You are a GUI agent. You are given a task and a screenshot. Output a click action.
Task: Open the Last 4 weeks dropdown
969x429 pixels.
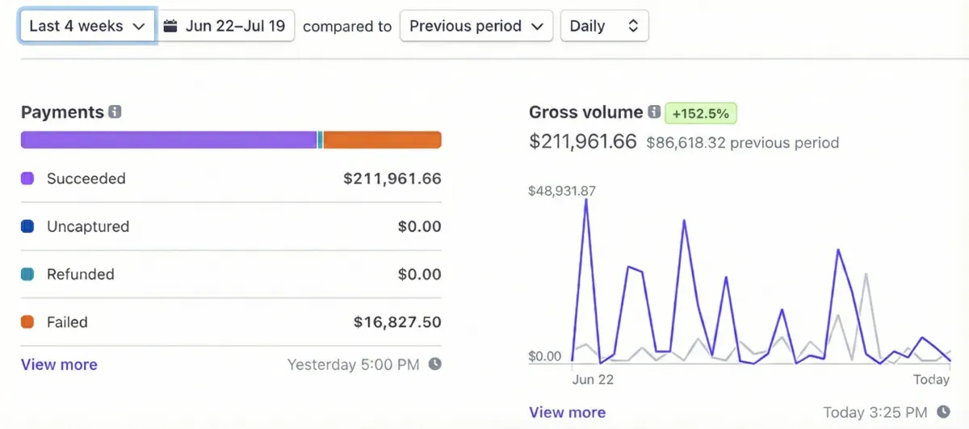tap(87, 26)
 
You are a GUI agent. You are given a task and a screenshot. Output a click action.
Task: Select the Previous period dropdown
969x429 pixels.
tap(476, 26)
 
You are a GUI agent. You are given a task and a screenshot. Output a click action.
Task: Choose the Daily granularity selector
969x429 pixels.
tap(604, 26)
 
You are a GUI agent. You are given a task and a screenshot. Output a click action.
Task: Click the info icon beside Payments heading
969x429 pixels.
tap(115, 112)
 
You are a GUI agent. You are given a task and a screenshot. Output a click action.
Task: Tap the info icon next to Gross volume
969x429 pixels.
tap(654, 112)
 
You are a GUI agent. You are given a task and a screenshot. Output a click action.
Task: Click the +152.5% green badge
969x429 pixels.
tap(701, 113)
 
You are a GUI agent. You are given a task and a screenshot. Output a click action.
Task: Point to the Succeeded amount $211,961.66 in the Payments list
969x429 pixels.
tap(392, 179)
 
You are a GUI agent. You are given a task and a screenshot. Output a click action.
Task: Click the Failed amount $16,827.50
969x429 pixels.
tap(397, 322)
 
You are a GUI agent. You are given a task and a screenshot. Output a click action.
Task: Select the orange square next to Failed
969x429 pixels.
tap(27, 322)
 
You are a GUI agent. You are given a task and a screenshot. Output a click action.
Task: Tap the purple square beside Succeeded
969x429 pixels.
tap(27, 179)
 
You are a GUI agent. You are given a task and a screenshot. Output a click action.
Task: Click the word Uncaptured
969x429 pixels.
tap(87, 226)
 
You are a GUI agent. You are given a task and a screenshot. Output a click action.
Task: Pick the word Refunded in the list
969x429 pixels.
tap(80, 274)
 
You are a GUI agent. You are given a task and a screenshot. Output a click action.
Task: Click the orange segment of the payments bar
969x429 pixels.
tap(382, 140)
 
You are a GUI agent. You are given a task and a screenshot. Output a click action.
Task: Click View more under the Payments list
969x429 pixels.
tap(59, 364)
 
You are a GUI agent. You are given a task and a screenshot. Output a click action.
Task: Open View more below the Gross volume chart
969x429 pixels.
tap(567, 412)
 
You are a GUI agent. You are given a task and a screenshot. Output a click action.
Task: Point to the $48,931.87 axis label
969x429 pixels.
tap(561, 191)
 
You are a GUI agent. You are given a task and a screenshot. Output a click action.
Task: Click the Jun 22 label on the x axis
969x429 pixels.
tap(593, 379)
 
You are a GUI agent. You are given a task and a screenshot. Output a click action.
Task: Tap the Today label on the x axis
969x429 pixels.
tap(931, 379)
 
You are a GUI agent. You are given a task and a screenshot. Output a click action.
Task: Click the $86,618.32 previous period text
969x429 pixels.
tap(742, 143)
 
